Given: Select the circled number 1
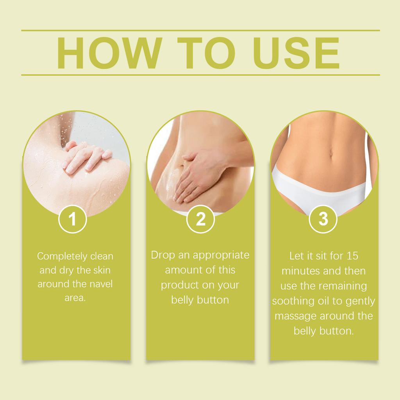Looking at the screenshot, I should [x=73, y=219].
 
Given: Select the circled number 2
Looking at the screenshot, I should [x=200, y=219].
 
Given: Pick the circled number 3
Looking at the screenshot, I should [x=323, y=219].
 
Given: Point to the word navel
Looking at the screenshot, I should [x=101, y=284].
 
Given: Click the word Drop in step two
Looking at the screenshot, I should [x=162, y=255].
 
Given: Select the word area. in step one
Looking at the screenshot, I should [x=75, y=298].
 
